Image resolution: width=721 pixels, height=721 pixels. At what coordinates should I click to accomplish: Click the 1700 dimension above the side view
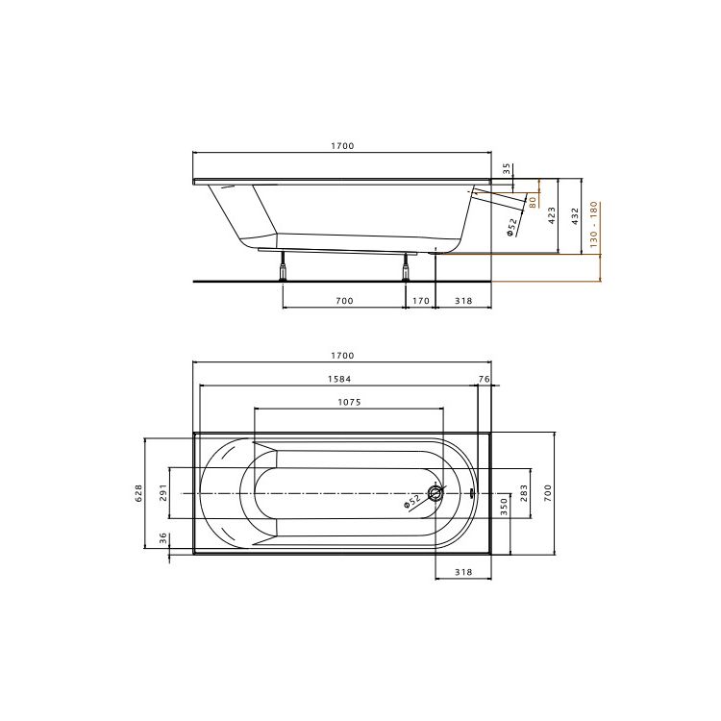click(342, 146)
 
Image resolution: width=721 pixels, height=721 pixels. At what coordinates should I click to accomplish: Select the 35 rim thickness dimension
click(507, 169)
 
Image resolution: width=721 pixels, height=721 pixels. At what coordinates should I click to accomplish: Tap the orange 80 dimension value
click(533, 202)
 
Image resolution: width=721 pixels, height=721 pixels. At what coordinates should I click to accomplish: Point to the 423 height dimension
click(552, 215)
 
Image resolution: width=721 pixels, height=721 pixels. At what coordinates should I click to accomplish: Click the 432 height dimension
click(575, 216)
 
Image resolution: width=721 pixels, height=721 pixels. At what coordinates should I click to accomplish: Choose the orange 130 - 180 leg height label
click(593, 224)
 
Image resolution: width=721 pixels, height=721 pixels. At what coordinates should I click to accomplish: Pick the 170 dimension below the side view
click(420, 301)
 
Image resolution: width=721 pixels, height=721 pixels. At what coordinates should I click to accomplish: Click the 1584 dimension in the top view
click(339, 379)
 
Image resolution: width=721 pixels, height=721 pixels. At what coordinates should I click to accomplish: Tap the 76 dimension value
click(485, 379)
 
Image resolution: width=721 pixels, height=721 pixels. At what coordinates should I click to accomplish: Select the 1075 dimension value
click(350, 402)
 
